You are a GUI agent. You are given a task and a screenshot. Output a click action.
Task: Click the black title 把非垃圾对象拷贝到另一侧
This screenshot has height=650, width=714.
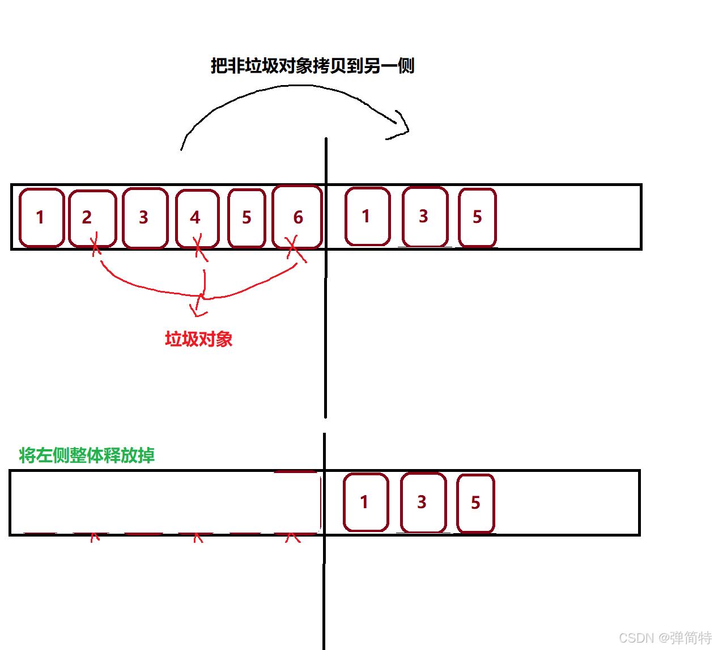point(312,66)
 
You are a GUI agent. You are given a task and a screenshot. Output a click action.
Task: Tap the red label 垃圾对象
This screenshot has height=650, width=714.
point(198,339)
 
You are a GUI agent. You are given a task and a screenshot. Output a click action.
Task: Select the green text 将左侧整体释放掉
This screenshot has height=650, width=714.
point(87,455)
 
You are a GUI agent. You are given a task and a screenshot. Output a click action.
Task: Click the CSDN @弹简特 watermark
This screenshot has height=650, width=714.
point(665,638)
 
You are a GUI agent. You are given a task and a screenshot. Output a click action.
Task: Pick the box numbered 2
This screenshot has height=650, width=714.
point(92,218)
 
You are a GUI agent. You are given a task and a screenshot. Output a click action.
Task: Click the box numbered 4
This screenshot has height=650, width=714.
point(197,218)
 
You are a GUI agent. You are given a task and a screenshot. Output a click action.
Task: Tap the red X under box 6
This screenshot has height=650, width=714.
point(294,248)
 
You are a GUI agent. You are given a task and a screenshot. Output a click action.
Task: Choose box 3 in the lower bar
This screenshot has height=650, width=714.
point(423,502)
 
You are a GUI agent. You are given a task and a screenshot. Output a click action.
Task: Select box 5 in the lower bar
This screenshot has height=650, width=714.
point(475,503)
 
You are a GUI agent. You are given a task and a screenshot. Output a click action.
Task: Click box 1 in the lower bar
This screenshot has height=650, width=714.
point(365,502)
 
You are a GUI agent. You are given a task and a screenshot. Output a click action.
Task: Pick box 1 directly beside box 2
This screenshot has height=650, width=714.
point(41,217)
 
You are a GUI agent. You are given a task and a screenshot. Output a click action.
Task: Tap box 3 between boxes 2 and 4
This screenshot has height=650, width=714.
point(145,218)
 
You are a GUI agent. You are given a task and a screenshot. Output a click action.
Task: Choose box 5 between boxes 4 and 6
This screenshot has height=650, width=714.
point(246,218)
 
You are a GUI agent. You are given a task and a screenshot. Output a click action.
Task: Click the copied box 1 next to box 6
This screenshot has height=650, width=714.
point(367,216)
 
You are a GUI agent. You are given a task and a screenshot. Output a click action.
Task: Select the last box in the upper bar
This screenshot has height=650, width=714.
point(477,217)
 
